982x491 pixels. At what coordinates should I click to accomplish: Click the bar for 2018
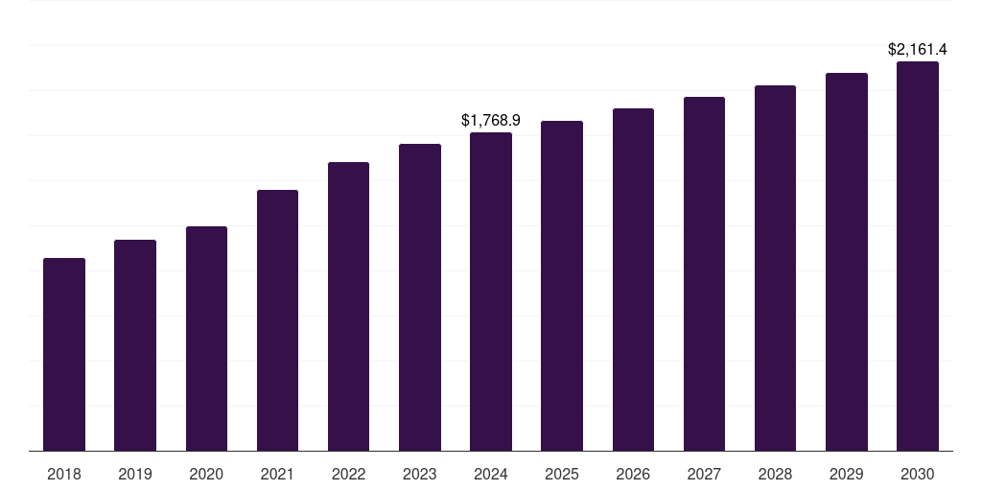pos(64,355)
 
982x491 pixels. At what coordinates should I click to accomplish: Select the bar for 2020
pos(206,339)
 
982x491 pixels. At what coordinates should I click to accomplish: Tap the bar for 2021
pos(277,320)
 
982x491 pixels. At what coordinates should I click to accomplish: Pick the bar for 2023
pos(420,297)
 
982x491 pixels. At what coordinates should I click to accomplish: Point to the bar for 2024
pos(491,292)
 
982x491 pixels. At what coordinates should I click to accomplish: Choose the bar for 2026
pos(633,279)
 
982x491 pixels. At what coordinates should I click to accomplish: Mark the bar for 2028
pos(775,268)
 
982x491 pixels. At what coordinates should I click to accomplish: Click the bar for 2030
pos(918,256)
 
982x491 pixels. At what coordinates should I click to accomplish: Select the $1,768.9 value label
pos(491,120)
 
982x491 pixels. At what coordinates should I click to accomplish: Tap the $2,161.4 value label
pos(918,49)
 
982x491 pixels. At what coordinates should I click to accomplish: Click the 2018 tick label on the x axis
pos(64,474)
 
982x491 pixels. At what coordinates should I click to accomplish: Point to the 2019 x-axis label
pos(135,474)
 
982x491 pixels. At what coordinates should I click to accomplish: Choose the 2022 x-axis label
pos(349,474)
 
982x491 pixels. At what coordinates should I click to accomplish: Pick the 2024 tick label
pos(491,474)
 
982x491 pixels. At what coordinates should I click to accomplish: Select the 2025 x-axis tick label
pos(562,474)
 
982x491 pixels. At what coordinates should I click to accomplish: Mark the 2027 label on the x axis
pos(704,474)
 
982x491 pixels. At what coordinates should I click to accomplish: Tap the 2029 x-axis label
pos(847,474)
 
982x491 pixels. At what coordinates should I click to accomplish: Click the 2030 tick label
pos(918,474)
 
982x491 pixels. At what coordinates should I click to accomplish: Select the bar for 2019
pos(135,345)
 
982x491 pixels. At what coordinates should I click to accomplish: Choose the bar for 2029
pos(847,262)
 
